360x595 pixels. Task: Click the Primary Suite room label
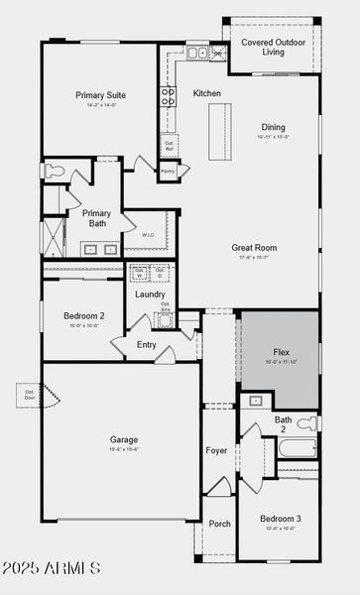pyautogui.click(x=100, y=95)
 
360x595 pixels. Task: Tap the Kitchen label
pyautogui.click(x=207, y=93)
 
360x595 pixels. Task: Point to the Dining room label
pyautogui.click(x=273, y=127)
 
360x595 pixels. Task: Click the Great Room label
pyautogui.click(x=254, y=247)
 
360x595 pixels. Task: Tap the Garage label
pyautogui.click(x=124, y=439)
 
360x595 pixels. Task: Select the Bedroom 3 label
pyautogui.click(x=281, y=519)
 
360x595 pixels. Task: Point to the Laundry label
pyautogui.click(x=150, y=294)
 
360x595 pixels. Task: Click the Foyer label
pyautogui.click(x=216, y=450)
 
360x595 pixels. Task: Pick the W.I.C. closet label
pyautogui.click(x=149, y=235)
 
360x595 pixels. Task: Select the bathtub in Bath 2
pyautogui.click(x=298, y=449)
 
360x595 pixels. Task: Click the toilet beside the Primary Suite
pyautogui.click(x=54, y=172)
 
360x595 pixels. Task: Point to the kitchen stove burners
pyautogui.click(x=168, y=96)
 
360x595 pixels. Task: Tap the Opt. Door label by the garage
pyautogui.click(x=29, y=394)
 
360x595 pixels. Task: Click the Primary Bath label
pyautogui.click(x=96, y=218)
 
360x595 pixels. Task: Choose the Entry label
pyautogui.click(x=147, y=344)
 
